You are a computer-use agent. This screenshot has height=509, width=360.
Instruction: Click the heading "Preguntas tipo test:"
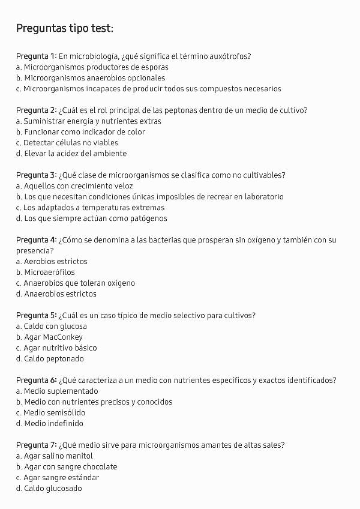[64, 28]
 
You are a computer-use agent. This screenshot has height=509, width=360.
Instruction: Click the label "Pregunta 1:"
[36, 56]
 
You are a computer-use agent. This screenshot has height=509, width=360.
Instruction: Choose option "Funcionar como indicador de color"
[84, 132]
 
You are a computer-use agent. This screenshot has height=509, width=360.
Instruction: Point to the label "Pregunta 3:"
[36, 175]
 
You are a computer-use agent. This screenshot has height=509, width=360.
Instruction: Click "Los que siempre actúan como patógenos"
[95, 218]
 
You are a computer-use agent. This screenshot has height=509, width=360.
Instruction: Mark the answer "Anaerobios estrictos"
[60, 294]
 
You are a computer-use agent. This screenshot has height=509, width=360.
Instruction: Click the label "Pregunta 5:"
[36, 316]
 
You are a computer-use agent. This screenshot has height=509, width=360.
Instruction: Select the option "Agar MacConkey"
[53, 337]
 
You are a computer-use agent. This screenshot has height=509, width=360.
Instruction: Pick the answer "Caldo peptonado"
[54, 359]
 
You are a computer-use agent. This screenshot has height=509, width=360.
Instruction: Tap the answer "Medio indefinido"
[54, 424]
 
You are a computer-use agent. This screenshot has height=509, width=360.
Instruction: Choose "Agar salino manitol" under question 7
[59, 456]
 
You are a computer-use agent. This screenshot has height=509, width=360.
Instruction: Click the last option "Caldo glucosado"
[53, 489]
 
